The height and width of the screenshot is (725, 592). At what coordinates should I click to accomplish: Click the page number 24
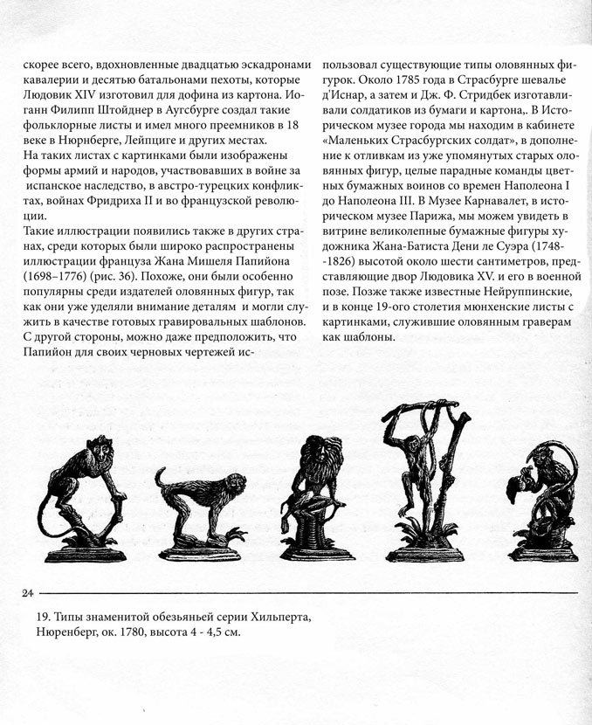point(27,593)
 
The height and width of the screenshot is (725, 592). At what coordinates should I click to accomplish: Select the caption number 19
point(31,618)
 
